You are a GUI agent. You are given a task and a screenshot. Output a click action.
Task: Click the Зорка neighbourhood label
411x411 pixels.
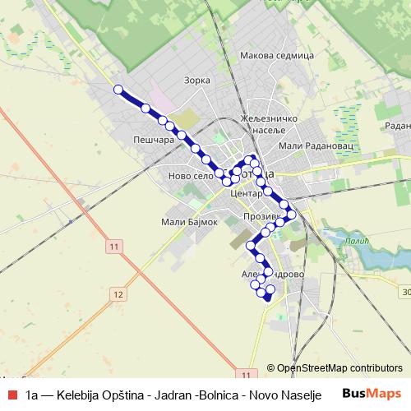click(199, 81)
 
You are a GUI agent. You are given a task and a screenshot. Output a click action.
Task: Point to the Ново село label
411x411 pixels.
click(190, 176)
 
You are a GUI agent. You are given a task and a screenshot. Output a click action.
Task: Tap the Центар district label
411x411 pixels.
click(247, 194)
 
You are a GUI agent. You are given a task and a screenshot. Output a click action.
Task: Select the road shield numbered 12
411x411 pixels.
click(119, 294)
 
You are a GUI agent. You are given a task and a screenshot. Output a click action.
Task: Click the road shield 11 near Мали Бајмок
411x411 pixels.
click(113, 247)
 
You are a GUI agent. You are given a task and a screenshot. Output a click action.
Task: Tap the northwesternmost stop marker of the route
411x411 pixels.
click(118, 90)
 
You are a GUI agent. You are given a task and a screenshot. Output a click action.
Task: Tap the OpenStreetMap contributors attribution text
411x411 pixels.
click(339, 368)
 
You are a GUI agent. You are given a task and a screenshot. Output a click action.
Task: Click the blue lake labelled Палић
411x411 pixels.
click(375, 256)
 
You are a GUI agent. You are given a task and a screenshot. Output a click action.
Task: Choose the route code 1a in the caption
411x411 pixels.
click(32, 394)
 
